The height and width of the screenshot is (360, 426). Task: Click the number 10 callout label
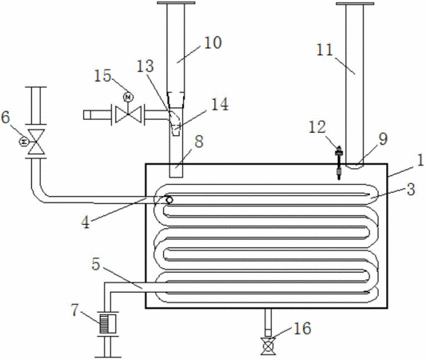click(213, 42)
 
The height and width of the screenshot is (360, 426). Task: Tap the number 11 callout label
click(324, 50)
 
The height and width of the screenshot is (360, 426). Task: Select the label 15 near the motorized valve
click(102, 75)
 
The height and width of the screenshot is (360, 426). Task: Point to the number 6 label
click(6, 117)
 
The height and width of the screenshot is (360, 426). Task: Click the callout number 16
click(302, 328)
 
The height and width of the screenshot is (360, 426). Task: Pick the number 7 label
click(74, 310)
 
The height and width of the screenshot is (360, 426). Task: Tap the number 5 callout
click(96, 264)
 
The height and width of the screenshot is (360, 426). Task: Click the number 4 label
click(86, 222)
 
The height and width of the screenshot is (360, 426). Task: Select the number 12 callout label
click(317, 126)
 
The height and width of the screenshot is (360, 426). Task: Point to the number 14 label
click(220, 104)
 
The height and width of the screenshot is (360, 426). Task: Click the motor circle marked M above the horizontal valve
click(128, 97)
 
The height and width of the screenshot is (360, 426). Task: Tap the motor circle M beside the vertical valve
click(24, 142)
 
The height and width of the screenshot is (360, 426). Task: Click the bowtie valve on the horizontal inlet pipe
click(128, 114)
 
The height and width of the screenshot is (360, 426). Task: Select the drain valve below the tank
click(268, 346)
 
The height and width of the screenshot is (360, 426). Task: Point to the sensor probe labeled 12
click(339, 162)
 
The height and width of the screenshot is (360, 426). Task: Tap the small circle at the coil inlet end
click(169, 200)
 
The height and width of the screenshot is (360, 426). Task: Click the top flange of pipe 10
click(176, 3)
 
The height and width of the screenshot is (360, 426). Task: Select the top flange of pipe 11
click(355, 3)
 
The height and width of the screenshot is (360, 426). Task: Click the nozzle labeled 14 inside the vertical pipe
click(176, 128)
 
